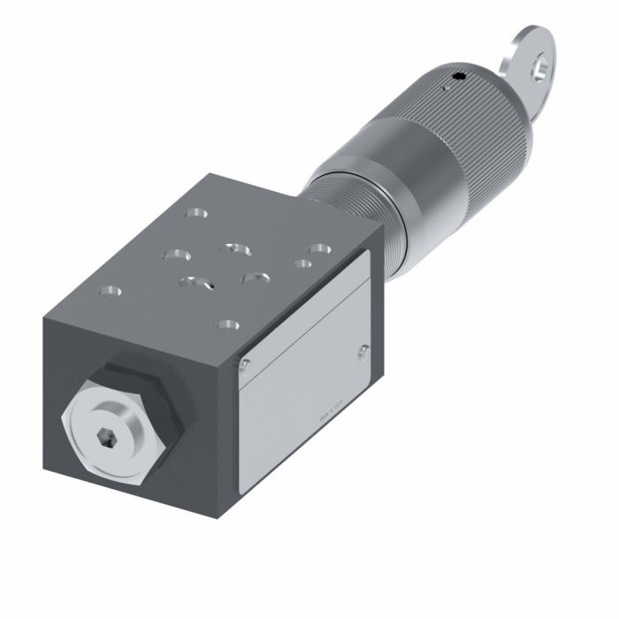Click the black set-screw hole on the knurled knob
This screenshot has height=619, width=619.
click(457, 80)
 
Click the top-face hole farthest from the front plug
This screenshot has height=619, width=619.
click(194, 214)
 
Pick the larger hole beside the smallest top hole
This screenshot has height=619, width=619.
click(319, 250)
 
